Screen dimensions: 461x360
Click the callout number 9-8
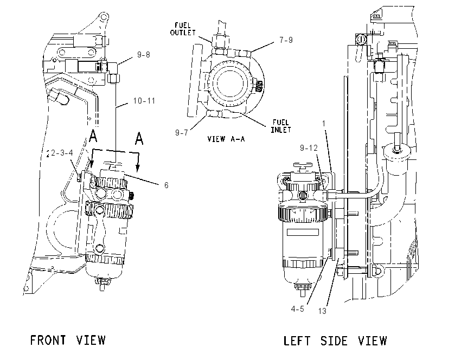[x=144, y=55]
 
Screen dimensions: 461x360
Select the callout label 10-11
[x=144, y=101]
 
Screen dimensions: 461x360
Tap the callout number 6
[x=166, y=185]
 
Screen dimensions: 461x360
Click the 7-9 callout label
[x=286, y=40]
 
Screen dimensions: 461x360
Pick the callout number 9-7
[x=181, y=133]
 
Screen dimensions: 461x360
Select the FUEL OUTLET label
[x=183, y=29]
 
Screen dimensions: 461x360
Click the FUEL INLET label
[x=281, y=126]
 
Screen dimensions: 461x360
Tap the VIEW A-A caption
[x=226, y=139]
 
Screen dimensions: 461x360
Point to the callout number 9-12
[x=309, y=148]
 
